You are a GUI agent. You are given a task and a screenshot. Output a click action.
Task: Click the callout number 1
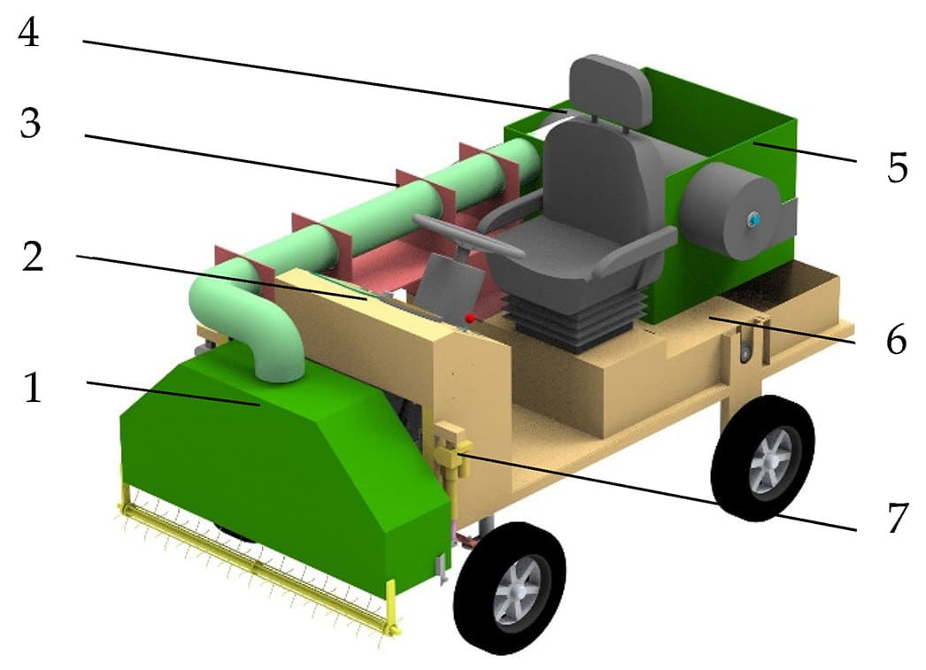pyautogui.click(x=33, y=388)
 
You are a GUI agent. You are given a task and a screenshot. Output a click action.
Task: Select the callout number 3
pyautogui.click(x=30, y=123)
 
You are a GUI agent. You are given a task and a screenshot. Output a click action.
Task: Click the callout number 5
pyautogui.click(x=897, y=167)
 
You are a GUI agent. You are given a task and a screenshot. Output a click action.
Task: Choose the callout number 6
pyautogui.click(x=897, y=340)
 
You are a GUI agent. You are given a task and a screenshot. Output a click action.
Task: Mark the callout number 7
pyautogui.click(x=898, y=518)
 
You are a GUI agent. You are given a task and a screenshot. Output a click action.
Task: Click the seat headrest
pyautogui.click(x=610, y=89)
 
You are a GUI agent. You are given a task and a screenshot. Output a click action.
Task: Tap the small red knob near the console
pyautogui.click(x=470, y=318)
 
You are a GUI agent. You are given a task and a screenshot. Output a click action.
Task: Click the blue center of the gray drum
pyautogui.click(x=753, y=219)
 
